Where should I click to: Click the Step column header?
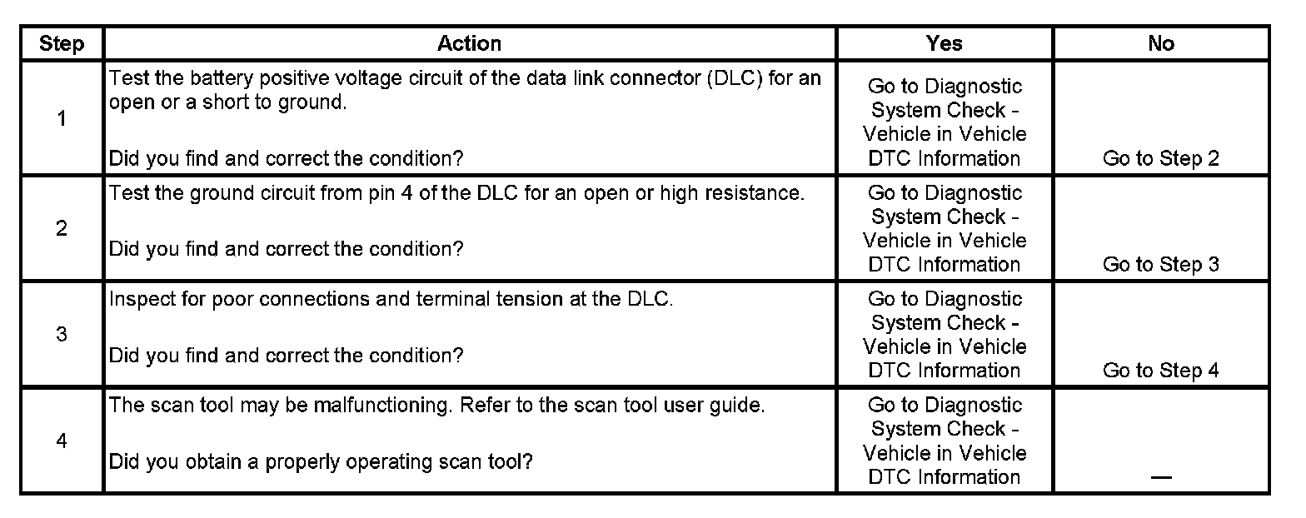pos(62,43)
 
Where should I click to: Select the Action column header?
pos(470,43)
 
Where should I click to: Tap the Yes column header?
pos(945,43)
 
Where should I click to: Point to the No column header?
pos(1160,43)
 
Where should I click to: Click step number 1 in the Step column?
pos(62,118)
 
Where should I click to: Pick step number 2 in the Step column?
pos(62,228)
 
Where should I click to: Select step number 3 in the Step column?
pos(62,335)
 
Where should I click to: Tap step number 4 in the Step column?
pos(62,441)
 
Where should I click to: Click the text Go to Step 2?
pos(1160,158)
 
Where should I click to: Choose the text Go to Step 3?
pos(1160,264)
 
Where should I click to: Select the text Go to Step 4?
pos(1160,371)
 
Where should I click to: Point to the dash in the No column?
pos(1160,477)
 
